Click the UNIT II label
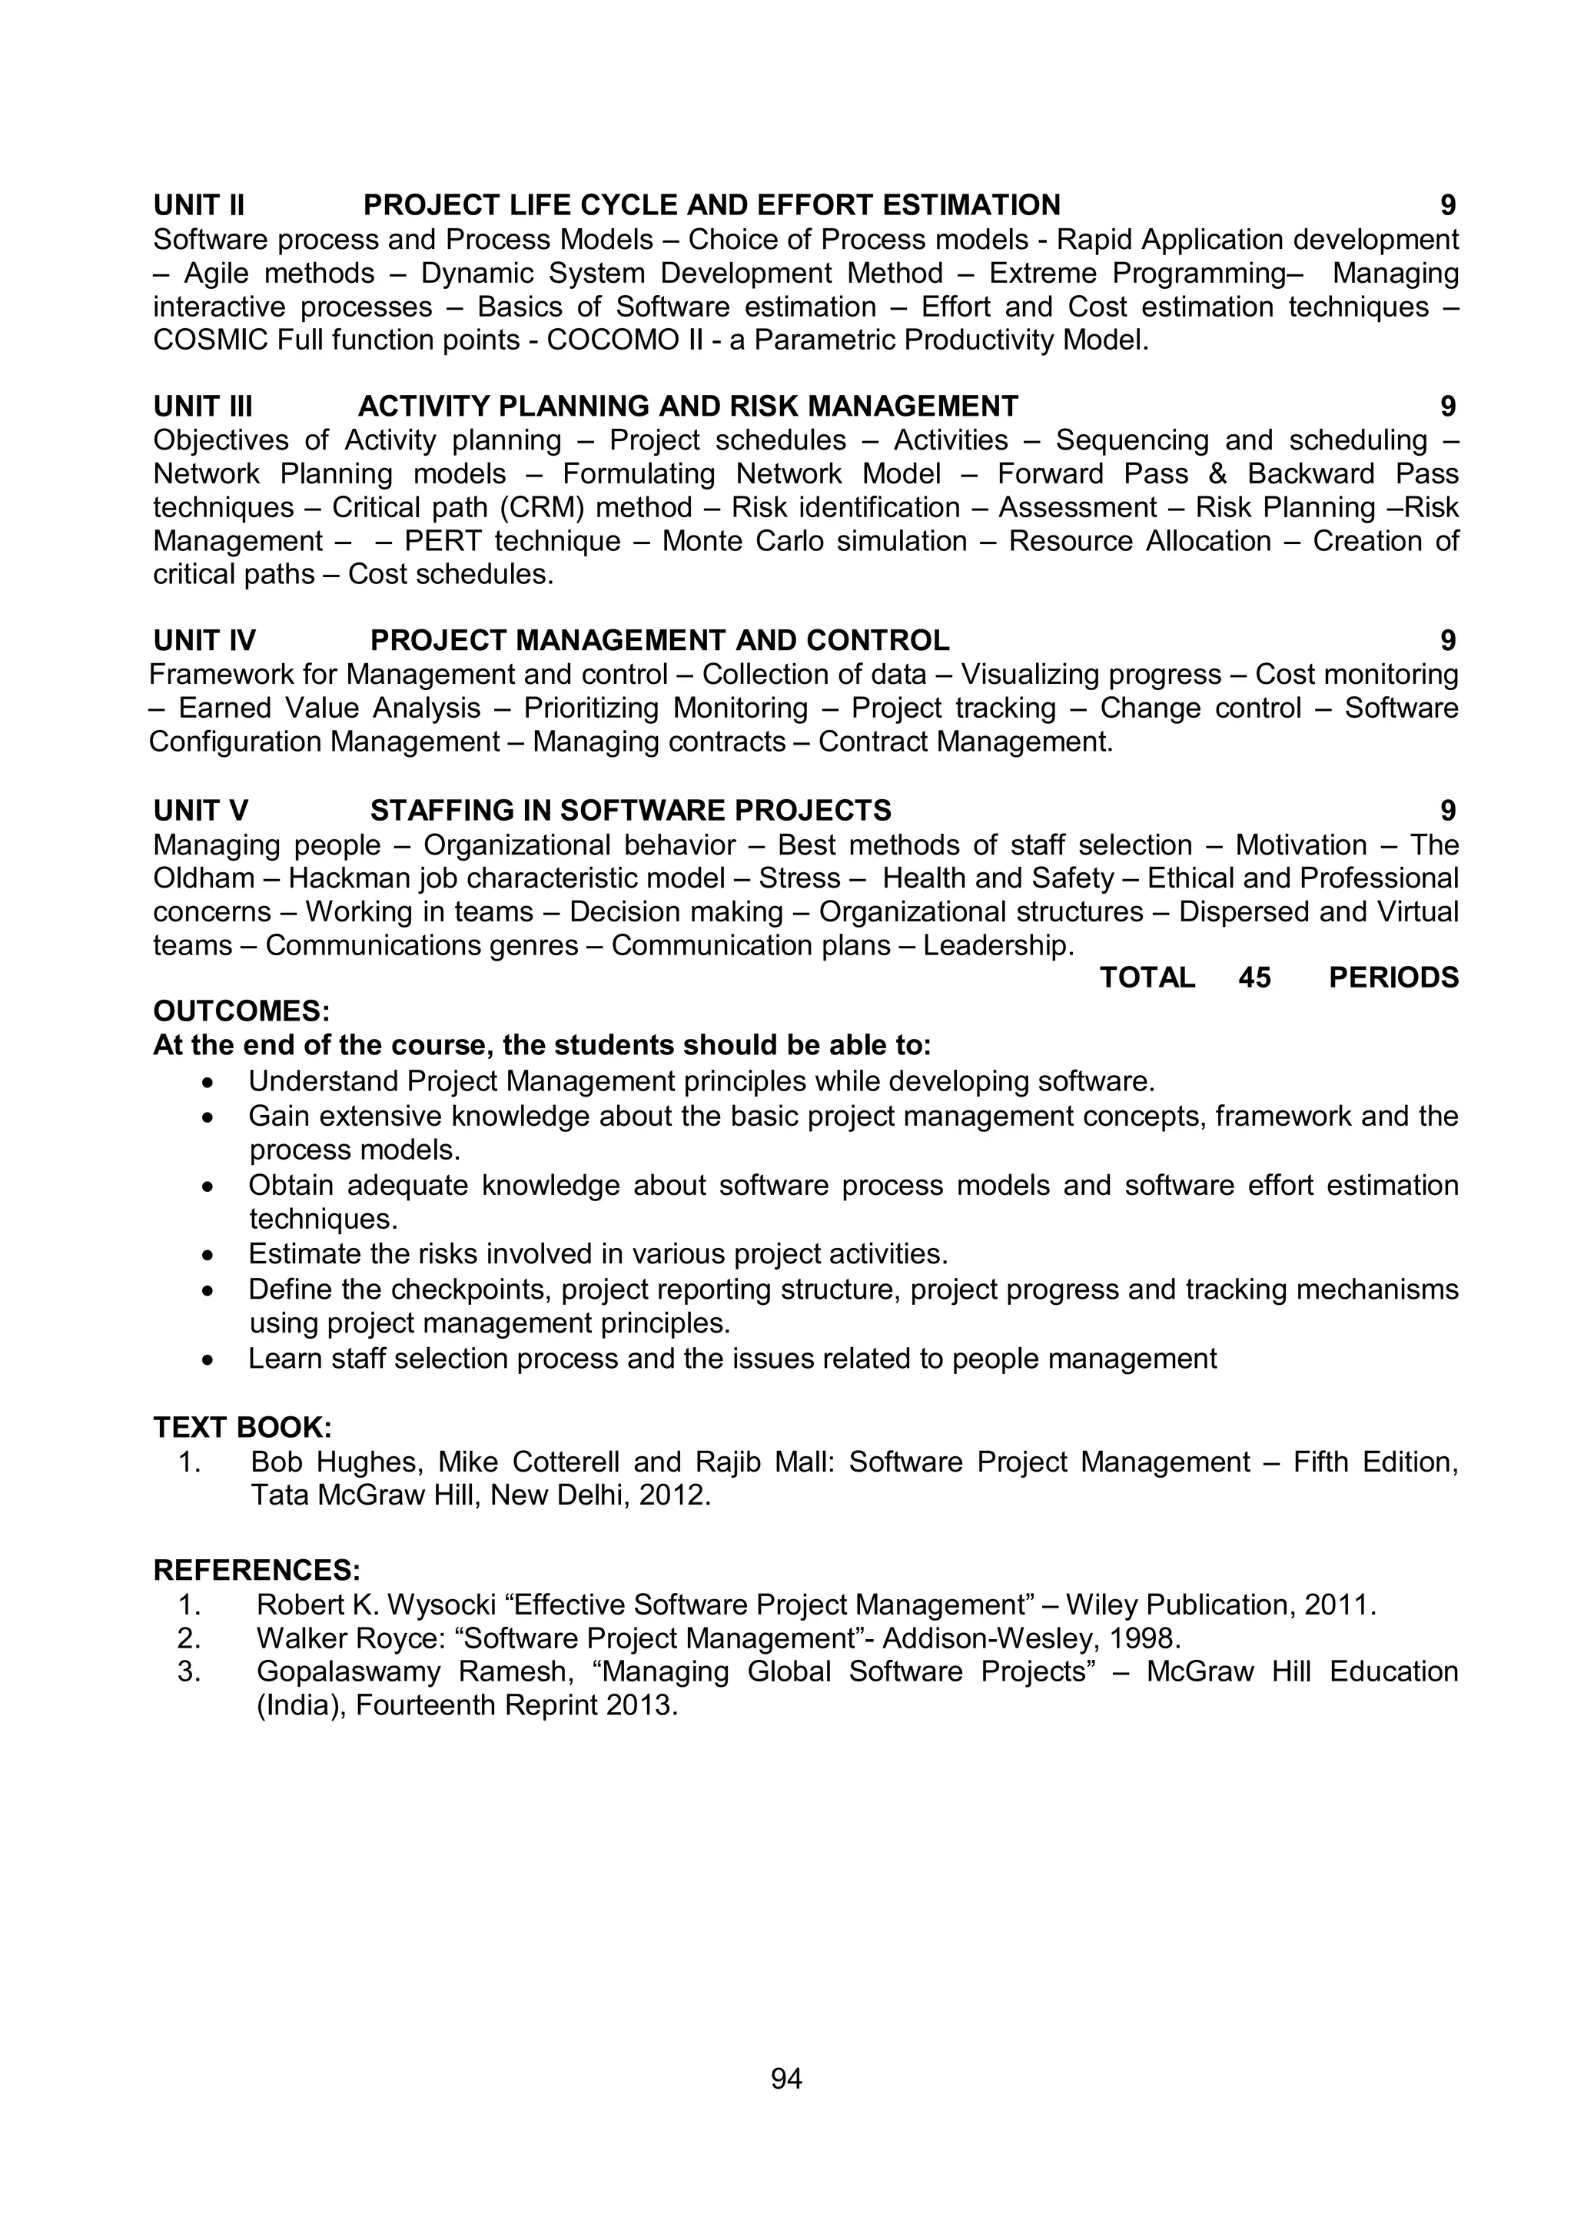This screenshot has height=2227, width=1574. tap(199, 206)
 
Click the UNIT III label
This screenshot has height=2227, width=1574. tap(203, 407)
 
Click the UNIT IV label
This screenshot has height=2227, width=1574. tap(204, 641)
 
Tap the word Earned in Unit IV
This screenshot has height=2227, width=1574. tap(225, 708)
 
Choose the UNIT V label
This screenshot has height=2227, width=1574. tap(201, 811)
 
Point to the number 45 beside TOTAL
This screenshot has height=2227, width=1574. tap(1254, 977)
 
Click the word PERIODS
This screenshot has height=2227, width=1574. tap(1393, 977)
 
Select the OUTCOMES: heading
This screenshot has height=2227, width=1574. tap(241, 1011)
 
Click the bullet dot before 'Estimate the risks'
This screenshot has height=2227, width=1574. tap(207, 1255)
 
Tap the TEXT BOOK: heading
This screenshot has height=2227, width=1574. tap(242, 1428)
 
